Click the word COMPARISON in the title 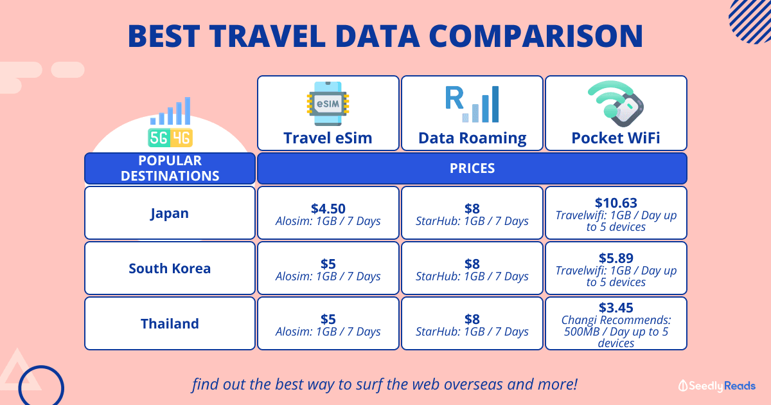[536, 36]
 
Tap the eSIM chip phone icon [328, 104]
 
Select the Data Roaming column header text [472, 138]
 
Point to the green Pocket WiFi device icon [616, 104]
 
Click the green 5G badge [159, 138]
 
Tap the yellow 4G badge [181, 138]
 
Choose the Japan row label [170, 213]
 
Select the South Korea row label [170, 268]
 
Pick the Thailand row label [170, 324]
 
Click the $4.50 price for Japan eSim [328, 209]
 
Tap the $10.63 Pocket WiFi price [616, 203]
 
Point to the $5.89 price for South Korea [616, 258]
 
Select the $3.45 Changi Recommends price [616, 307]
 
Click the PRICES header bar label [472, 168]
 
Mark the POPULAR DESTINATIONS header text [170, 168]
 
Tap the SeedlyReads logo [717, 386]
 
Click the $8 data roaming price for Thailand [472, 319]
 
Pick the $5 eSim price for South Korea [328, 264]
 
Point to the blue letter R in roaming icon [454, 98]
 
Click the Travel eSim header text [328, 138]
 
